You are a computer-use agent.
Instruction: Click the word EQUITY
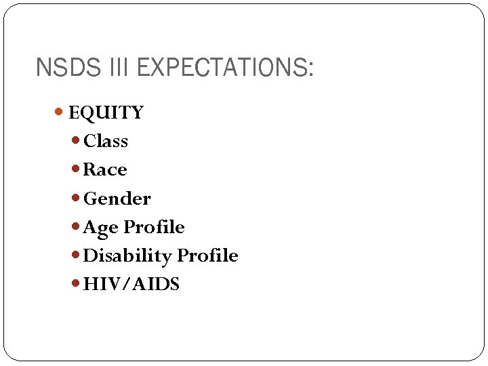[x=106, y=113]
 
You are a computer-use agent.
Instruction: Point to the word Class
[x=105, y=141]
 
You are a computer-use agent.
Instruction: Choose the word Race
[x=105, y=169]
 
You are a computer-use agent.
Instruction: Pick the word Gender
[x=117, y=199]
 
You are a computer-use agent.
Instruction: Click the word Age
[x=100, y=228]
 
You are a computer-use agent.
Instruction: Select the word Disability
[x=127, y=256]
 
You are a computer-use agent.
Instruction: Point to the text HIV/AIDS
[x=131, y=285]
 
